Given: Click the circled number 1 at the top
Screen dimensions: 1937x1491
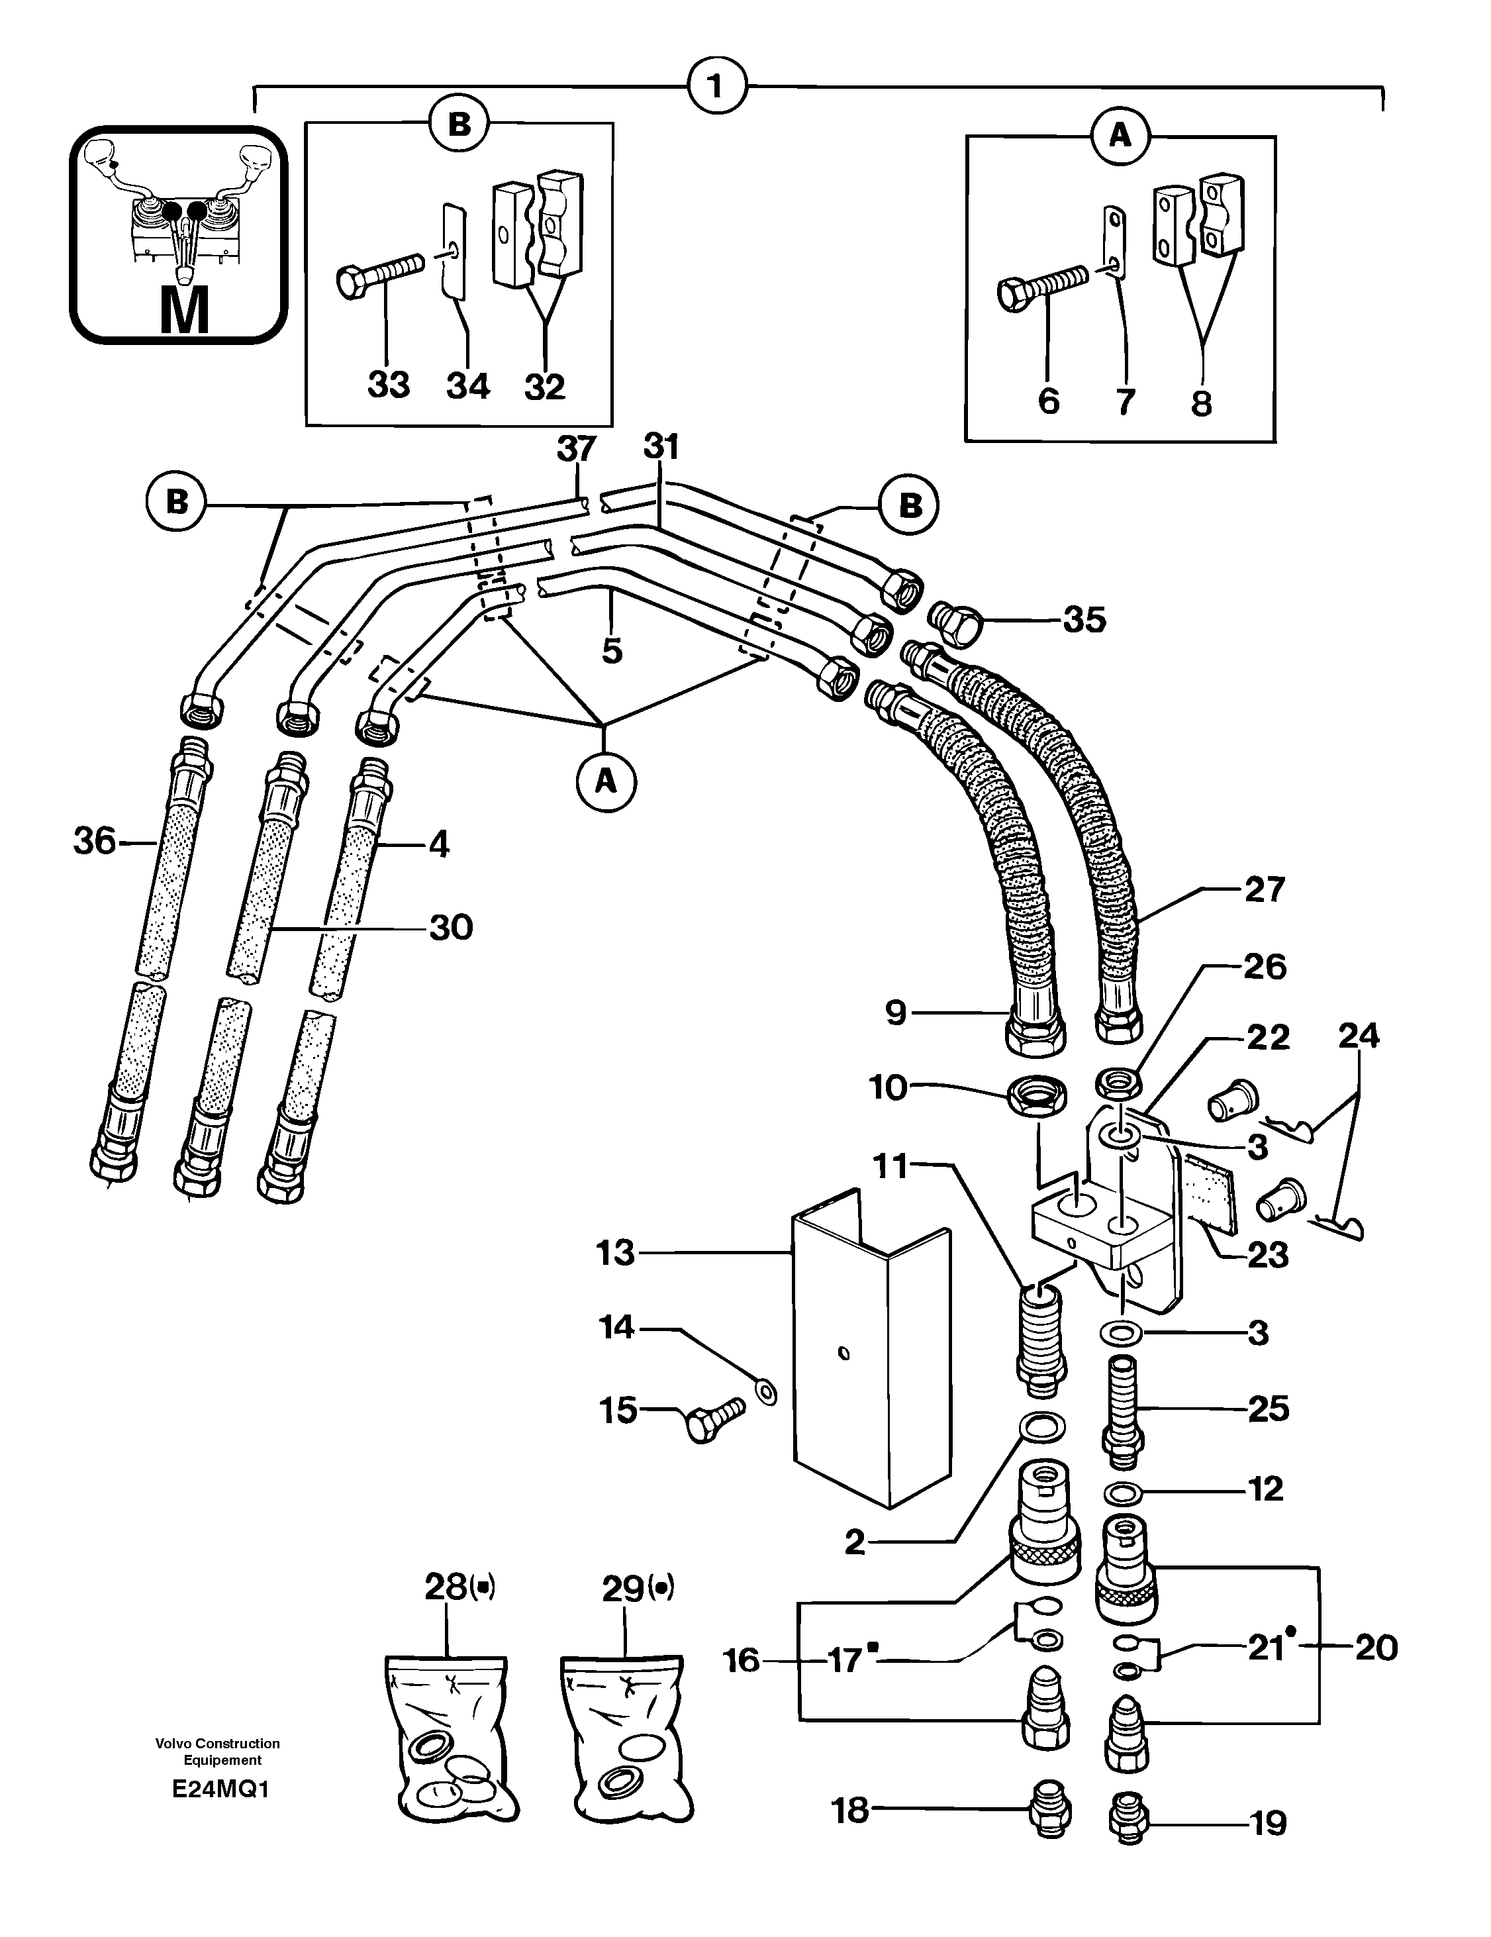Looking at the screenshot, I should point(718,87).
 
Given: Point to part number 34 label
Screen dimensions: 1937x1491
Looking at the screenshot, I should point(467,386).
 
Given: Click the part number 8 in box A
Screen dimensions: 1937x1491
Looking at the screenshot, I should point(1201,403).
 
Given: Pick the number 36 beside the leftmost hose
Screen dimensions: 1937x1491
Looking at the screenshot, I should point(95,841).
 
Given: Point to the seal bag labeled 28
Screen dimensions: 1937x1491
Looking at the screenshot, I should point(446,1740).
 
